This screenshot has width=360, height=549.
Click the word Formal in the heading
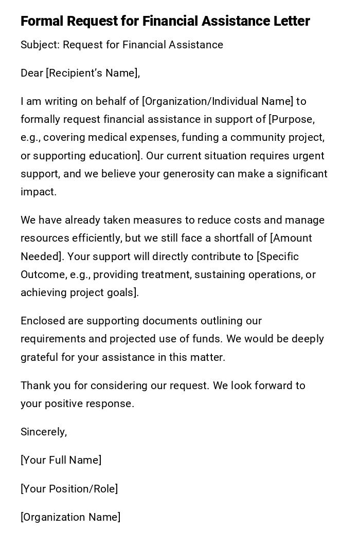42,21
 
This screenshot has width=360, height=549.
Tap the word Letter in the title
292,21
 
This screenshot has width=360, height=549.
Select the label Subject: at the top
40,45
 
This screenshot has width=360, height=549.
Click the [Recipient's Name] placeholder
93,73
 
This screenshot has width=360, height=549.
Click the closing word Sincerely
43,432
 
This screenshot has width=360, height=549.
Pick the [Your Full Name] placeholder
61,460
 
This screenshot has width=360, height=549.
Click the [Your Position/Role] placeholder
69,489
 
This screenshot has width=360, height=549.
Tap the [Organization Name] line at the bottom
70,517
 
